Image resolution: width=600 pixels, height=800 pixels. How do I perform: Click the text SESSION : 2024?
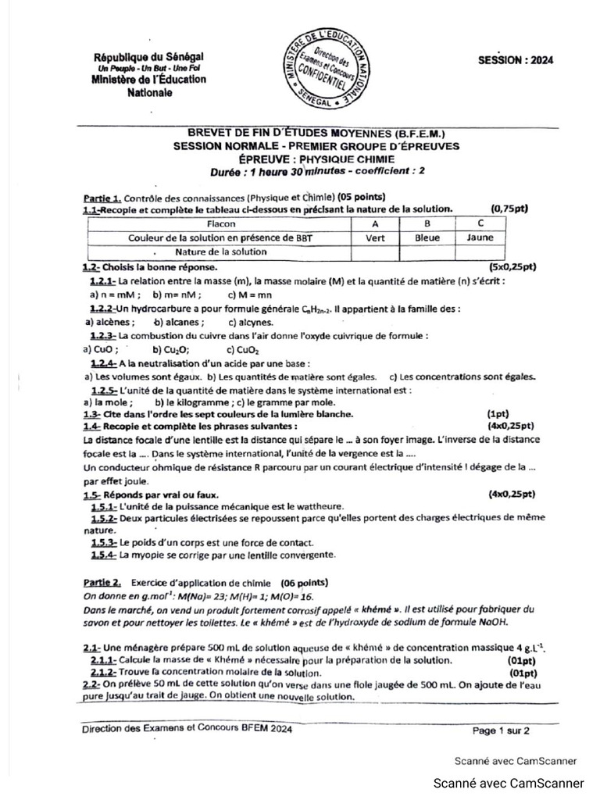[x=515, y=62]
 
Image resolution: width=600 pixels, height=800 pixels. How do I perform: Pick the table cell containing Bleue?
[x=427, y=237]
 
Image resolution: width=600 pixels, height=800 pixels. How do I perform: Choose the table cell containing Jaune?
[x=480, y=237]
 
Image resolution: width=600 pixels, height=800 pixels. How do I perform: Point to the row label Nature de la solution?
[x=221, y=252]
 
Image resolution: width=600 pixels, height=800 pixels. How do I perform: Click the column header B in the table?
[x=427, y=223]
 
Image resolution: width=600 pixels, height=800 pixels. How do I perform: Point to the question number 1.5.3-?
[x=104, y=542]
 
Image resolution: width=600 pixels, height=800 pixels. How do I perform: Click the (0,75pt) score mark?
[x=509, y=209]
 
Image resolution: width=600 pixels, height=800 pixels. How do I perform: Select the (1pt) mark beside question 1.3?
[x=498, y=413]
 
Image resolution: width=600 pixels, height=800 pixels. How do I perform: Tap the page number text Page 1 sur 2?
[x=501, y=731]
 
